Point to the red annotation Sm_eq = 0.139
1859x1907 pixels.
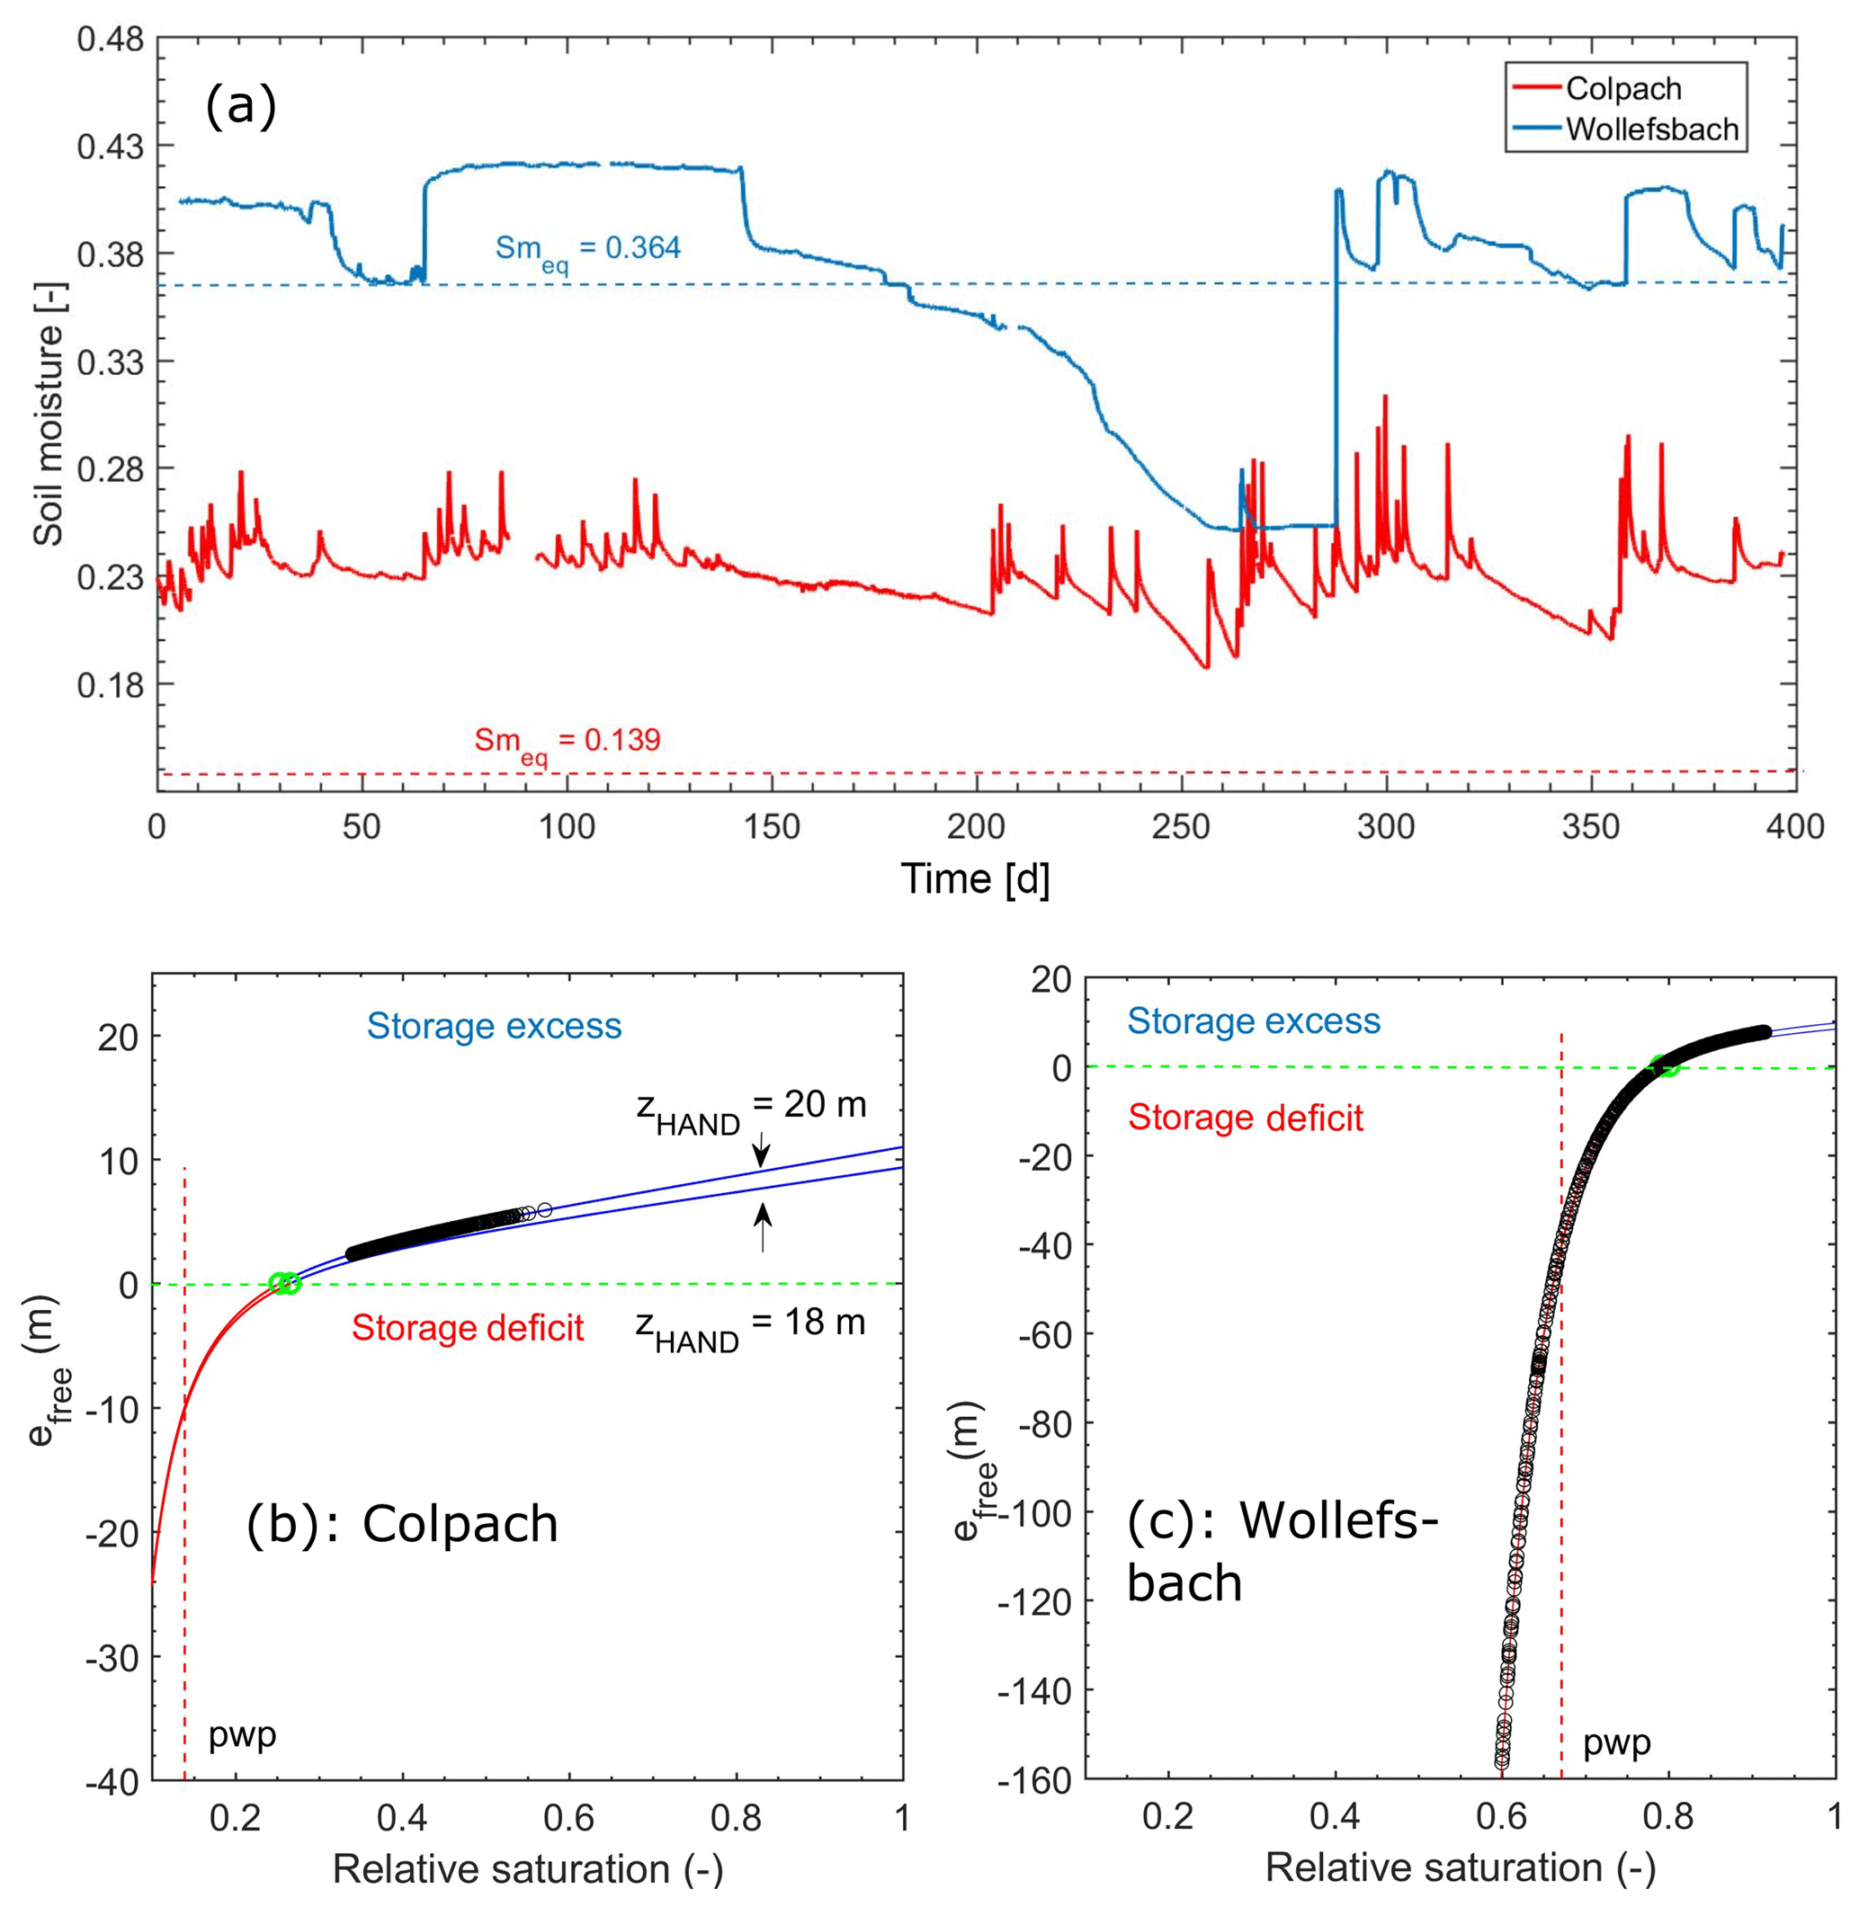pyautogui.click(x=568, y=742)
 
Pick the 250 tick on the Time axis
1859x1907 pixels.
pyautogui.click(x=1182, y=826)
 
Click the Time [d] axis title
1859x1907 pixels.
pyautogui.click(x=974, y=879)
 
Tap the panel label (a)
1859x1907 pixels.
pyautogui.click(x=240, y=105)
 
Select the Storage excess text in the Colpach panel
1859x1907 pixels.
pyautogui.click(x=494, y=1026)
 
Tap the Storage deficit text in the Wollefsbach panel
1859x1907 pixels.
pyautogui.click(x=1245, y=1117)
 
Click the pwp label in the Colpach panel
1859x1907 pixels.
pyautogui.click(x=243, y=1734)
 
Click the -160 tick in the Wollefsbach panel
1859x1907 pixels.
pyautogui.click(x=1041, y=1780)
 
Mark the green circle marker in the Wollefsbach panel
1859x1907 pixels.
pyautogui.click(x=1665, y=1065)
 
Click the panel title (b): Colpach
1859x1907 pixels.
pyautogui.click(x=401, y=1522)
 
